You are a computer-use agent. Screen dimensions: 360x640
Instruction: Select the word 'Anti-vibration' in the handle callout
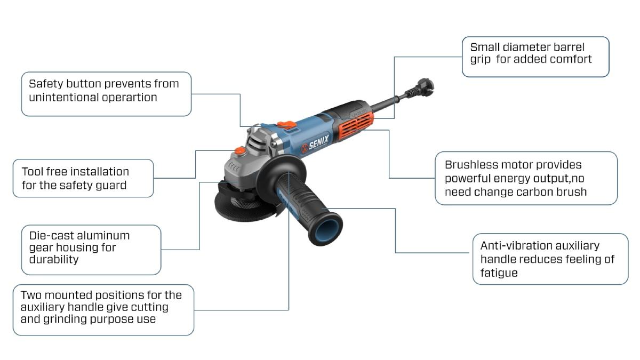(515, 246)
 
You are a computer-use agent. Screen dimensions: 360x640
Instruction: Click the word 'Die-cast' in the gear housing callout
(44, 236)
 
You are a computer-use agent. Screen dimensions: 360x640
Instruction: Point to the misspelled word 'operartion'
(130, 98)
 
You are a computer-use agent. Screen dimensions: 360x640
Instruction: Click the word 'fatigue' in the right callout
(499, 273)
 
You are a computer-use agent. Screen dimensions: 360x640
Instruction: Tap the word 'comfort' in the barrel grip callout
(571, 59)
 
